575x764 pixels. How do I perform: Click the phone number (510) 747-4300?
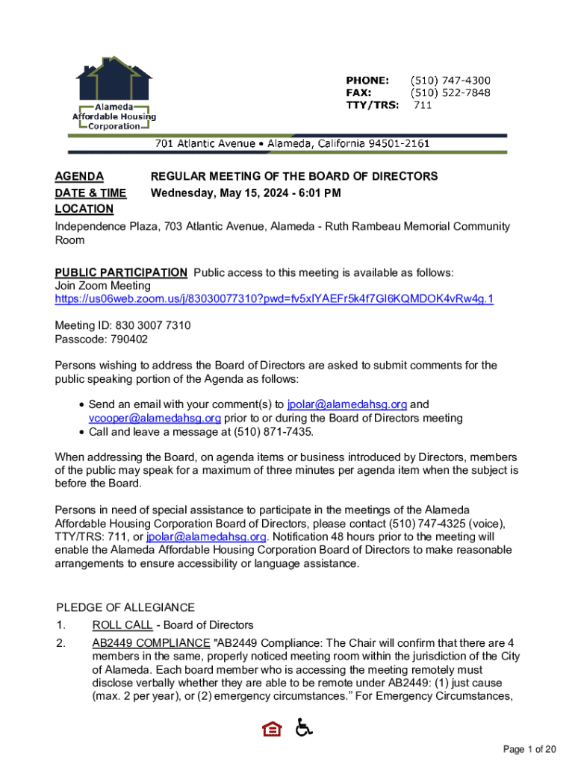coord(450,81)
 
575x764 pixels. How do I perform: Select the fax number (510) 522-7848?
coord(450,93)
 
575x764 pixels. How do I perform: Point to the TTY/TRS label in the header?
coord(371,106)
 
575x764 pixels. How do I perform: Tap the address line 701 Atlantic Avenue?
coord(291,143)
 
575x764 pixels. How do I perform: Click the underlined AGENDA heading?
coord(79,177)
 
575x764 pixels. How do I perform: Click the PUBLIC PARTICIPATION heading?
coord(121,272)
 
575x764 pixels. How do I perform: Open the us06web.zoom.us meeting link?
coord(274,299)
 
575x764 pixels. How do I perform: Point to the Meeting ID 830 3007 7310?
coord(123,326)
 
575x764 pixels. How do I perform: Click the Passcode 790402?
coord(102,339)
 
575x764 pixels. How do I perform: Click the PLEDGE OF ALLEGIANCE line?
coord(125,607)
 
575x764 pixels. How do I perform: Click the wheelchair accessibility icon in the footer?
coord(305,727)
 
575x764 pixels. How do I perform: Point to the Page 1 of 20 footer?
coord(530,749)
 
